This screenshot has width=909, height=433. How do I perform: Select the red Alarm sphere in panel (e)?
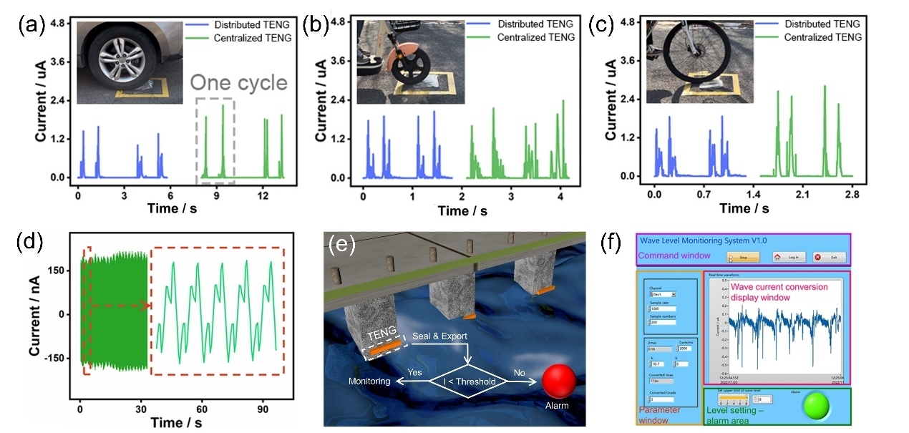(559, 381)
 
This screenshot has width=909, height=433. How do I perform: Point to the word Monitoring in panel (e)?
(369, 381)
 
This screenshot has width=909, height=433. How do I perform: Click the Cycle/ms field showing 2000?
(684, 349)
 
